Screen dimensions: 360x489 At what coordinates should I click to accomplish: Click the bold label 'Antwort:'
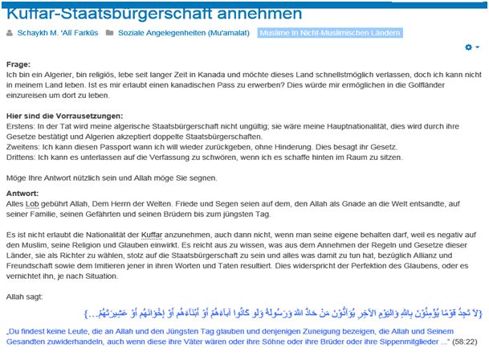point(22,193)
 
